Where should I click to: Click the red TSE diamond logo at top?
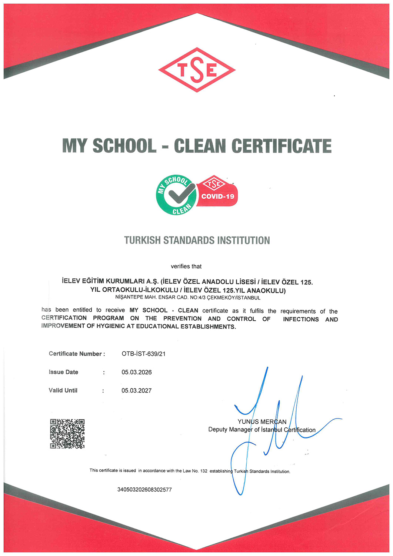click(197, 70)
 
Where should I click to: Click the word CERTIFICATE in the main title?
click(282, 146)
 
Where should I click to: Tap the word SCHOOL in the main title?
click(124, 146)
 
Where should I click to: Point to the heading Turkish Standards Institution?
click(197, 241)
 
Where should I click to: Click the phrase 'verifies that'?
click(186, 266)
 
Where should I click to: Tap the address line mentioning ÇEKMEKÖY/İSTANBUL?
click(188, 298)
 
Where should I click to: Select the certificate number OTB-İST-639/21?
click(143, 354)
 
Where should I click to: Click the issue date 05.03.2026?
click(137, 372)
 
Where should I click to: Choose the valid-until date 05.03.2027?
click(137, 390)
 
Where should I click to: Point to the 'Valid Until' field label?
click(63, 390)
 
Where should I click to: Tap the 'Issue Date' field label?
click(63, 372)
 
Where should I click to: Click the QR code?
click(67, 434)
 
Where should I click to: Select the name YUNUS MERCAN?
click(262, 422)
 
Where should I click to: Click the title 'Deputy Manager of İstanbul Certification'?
click(262, 430)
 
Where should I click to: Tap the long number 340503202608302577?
click(144, 490)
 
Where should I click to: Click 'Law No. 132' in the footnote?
click(195, 471)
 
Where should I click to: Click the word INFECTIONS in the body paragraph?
click(301, 319)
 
